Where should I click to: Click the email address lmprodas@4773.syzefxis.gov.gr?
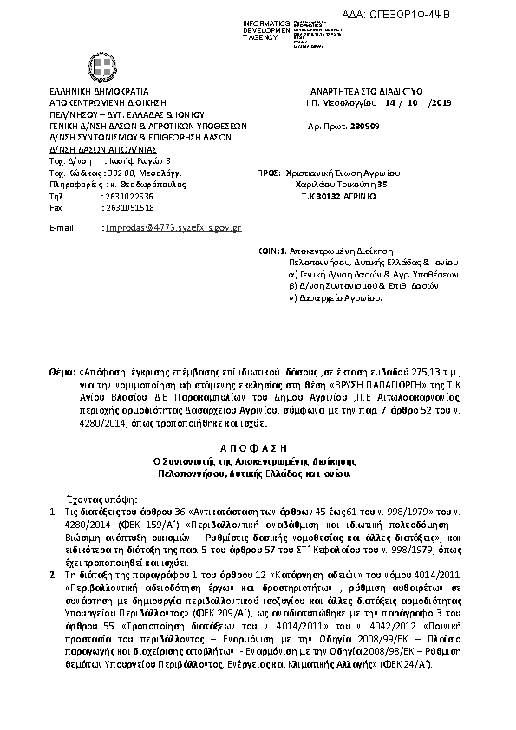click(172, 227)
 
